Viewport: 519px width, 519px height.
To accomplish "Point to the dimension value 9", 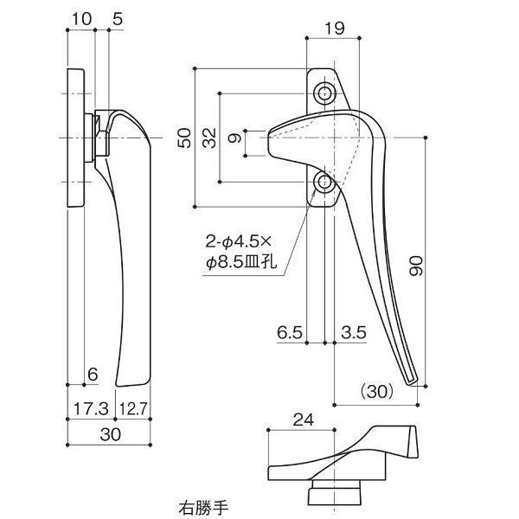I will tap(234, 138).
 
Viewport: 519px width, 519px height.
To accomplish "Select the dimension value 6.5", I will tap(290, 331).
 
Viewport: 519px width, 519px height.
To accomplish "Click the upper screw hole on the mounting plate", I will tap(325, 93).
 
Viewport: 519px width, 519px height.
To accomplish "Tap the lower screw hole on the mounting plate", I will tap(325, 182).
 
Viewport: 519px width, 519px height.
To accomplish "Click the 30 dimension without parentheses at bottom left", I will tap(109, 435).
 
